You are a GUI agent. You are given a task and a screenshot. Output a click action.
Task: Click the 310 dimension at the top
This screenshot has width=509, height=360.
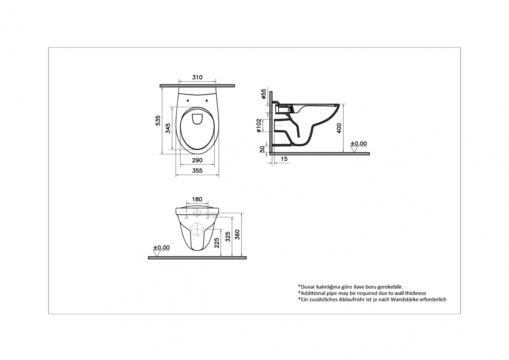click(197, 77)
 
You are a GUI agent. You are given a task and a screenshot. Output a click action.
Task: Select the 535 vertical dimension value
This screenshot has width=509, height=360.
click(158, 120)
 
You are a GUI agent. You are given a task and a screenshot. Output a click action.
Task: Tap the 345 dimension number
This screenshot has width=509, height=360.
click(168, 128)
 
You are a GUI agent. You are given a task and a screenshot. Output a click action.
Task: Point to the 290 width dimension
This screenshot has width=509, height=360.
click(197, 160)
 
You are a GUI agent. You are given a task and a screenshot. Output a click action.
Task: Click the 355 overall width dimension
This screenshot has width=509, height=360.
click(197, 170)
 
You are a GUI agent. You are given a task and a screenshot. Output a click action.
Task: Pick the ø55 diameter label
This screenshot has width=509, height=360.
click(263, 94)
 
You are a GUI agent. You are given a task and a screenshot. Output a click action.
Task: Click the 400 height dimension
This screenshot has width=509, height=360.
click(339, 128)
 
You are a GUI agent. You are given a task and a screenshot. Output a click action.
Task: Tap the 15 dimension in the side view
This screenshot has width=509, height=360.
click(284, 159)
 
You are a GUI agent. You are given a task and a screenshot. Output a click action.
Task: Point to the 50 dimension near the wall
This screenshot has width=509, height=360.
click(263, 149)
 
